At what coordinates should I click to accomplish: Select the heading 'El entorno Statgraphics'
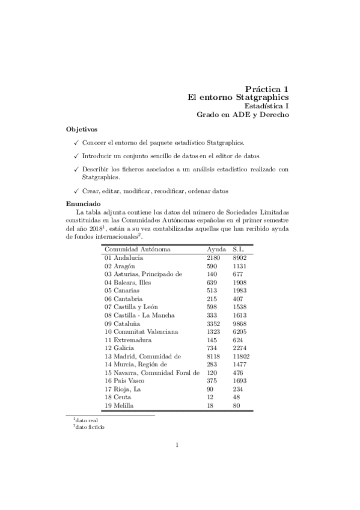click(238, 97)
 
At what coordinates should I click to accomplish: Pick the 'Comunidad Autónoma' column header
click(137, 249)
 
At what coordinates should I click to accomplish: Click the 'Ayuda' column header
click(216, 249)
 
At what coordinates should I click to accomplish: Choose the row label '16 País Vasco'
click(126, 381)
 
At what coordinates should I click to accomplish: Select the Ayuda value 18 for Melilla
click(210, 406)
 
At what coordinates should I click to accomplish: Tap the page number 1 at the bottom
click(177, 462)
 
